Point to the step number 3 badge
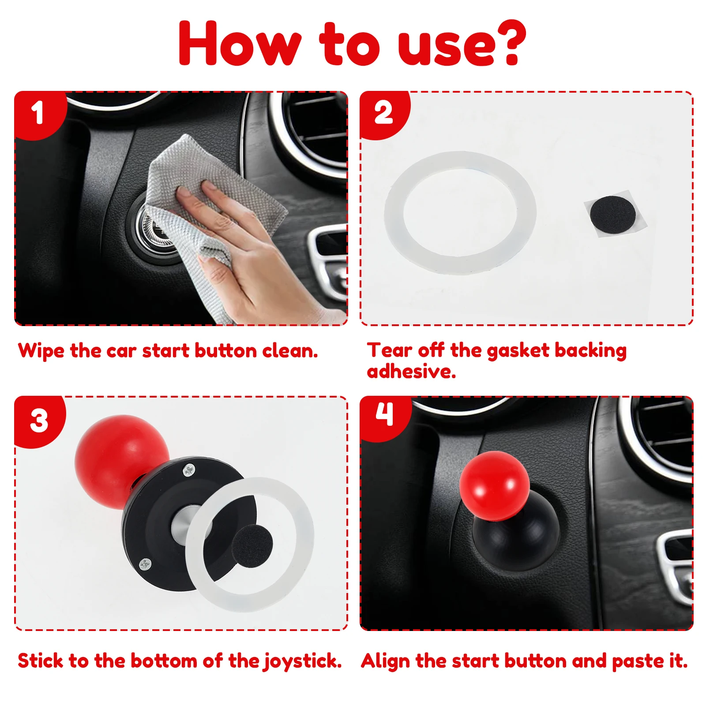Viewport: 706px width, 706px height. point(40,421)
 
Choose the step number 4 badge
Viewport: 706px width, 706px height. point(385,417)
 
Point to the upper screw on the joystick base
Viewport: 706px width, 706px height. point(189,470)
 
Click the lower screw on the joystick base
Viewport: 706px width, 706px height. point(145,563)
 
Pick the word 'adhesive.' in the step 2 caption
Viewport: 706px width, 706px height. point(411,372)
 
